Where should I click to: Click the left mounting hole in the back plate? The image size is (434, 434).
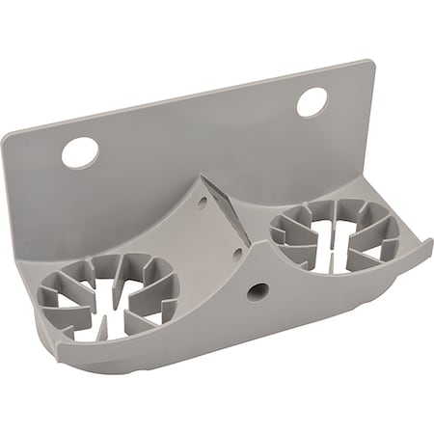pyautogui.click(x=80, y=151)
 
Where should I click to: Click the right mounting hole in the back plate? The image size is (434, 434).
pyautogui.click(x=312, y=101)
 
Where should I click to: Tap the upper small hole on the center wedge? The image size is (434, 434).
pyautogui.click(x=202, y=203)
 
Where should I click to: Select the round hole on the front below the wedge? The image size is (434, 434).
pyautogui.click(x=256, y=288)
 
